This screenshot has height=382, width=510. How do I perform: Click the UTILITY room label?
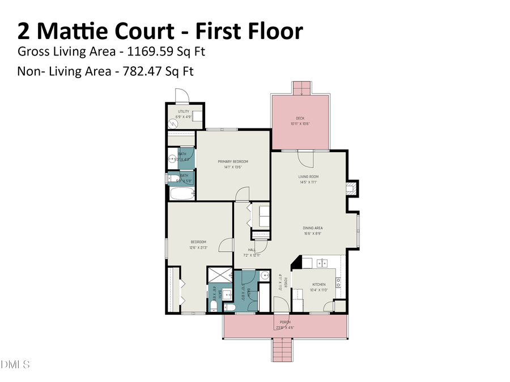pyautogui.click(x=184, y=111)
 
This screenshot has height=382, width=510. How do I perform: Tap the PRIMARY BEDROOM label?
pyautogui.click(x=233, y=162)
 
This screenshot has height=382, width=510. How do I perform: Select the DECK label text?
pyautogui.click(x=300, y=118)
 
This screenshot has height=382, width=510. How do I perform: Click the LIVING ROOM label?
pyautogui.click(x=308, y=177)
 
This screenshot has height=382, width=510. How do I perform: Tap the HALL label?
pyautogui.click(x=252, y=250)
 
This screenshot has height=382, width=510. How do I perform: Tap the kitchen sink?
pyautogui.click(x=322, y=263)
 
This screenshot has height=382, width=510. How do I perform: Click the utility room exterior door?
pyautogui.click(x=181, y=96)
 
